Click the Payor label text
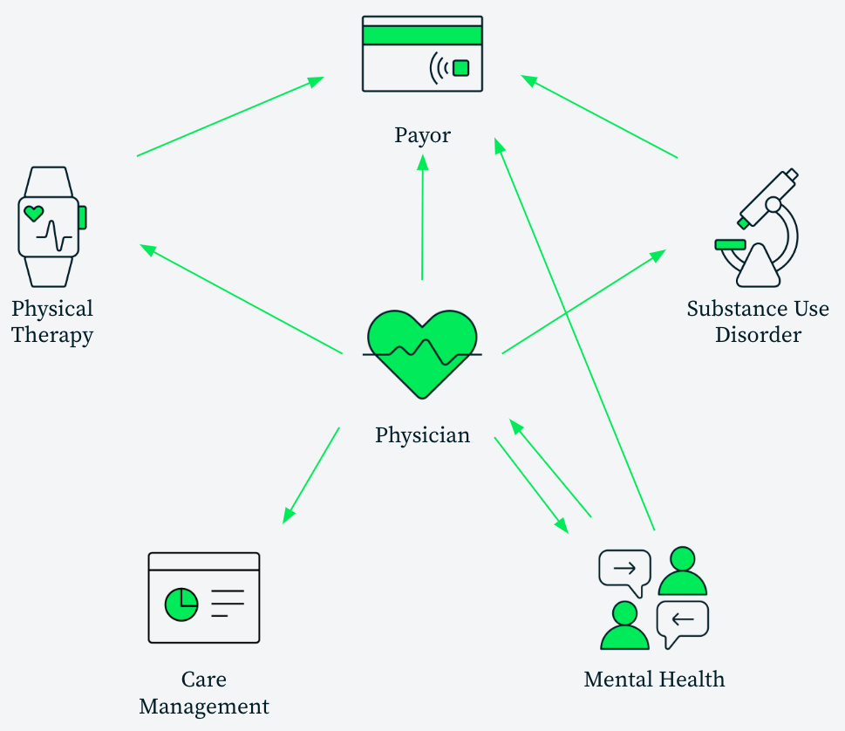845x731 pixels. [x=422, y=135]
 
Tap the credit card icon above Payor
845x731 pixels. [x=422, y=53]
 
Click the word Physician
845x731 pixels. [x=422, y=434]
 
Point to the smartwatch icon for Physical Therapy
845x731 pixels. [x=50, y=227]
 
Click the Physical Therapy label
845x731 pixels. [x=52, y=322]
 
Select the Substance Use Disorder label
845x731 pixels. [x=758, y=322]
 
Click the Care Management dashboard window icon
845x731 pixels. [x=204, y=598]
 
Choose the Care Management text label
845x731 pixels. [x=204, y=693]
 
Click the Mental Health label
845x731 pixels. [x=654, y=680]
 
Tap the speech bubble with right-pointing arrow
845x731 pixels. [x=624, y=570]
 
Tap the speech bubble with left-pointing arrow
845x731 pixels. [x=682, y=621]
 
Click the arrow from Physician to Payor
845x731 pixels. [x=423, y=218]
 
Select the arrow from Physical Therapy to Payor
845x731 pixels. [x=230, y=117]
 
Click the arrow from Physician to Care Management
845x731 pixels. [x=311, y=475]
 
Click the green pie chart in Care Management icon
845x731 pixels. [x=181, y=603]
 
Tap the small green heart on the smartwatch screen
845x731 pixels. [x=33, y=212]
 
